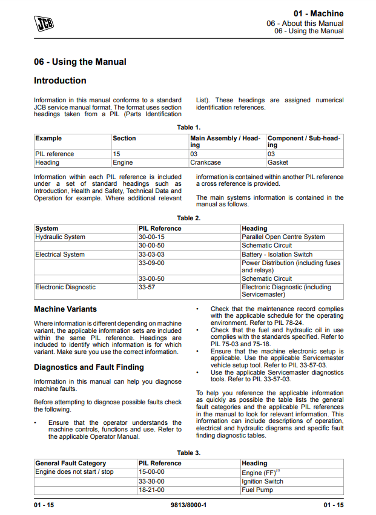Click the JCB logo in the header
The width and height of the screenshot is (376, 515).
44,23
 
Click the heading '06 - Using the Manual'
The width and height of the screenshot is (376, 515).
80,62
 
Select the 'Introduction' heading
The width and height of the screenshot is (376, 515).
60,80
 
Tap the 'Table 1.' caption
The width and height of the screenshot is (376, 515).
188,127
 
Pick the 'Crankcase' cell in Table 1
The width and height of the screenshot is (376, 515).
206,163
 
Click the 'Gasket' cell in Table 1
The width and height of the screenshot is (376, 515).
278,163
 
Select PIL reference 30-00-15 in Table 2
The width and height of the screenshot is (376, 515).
151,237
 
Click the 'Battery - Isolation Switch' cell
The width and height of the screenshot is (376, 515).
277,255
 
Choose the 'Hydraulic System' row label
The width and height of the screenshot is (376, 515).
61,237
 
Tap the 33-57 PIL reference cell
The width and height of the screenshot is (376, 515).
147,287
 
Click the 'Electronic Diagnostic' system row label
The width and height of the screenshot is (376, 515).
65,287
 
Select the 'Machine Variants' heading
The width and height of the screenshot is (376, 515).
65,309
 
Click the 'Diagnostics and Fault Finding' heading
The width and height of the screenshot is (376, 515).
89,367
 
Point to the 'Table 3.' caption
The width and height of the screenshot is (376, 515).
188,453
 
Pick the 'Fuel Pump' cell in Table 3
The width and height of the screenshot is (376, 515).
257,490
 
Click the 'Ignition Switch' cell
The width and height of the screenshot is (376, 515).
262,482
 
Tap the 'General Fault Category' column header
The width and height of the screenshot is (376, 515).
70,464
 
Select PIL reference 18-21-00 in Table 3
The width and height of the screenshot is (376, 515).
151,490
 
